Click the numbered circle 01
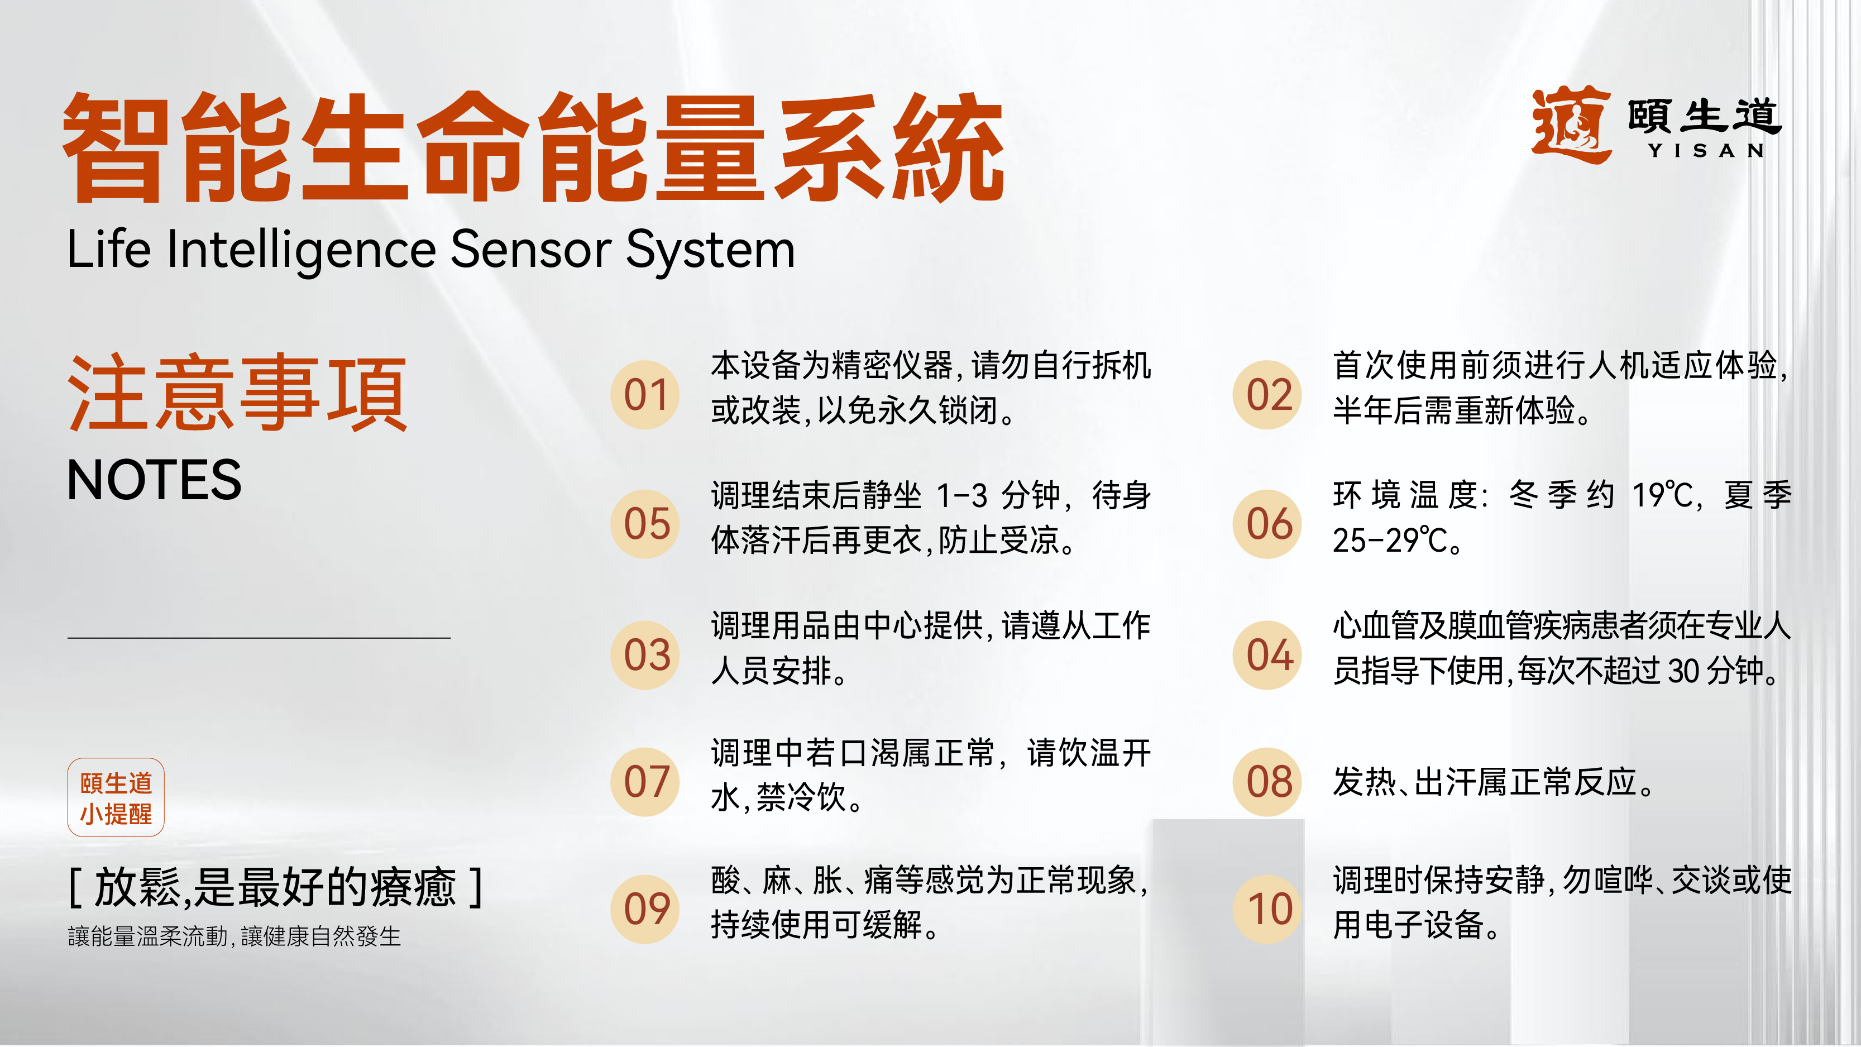pos(644,395)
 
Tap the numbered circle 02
pos(1268,395)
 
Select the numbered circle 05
pos(644,524)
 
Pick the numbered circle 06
pos(1268,524)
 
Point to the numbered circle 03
pos(644,654)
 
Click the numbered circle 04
pos(1268,654)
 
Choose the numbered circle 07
pos(644,782)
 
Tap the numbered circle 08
pos(1268,782)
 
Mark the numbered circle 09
pos(644,909)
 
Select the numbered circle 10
pos(1268,909)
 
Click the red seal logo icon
pos(1571,125)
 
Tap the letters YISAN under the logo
pos(1706,150)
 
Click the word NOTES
pos(154,480)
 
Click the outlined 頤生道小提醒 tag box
pos(116,797)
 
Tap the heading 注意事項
pos(237,393)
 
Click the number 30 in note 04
pos(1684,671)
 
